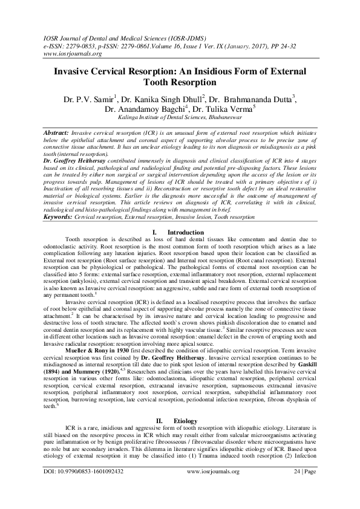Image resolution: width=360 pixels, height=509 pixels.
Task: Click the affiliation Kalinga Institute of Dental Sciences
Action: click(x=180, y=120)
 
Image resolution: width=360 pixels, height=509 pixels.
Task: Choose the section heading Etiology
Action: click(x=185, y=419)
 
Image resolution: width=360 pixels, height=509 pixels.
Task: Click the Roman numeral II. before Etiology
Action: click(x=160, y=419)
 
